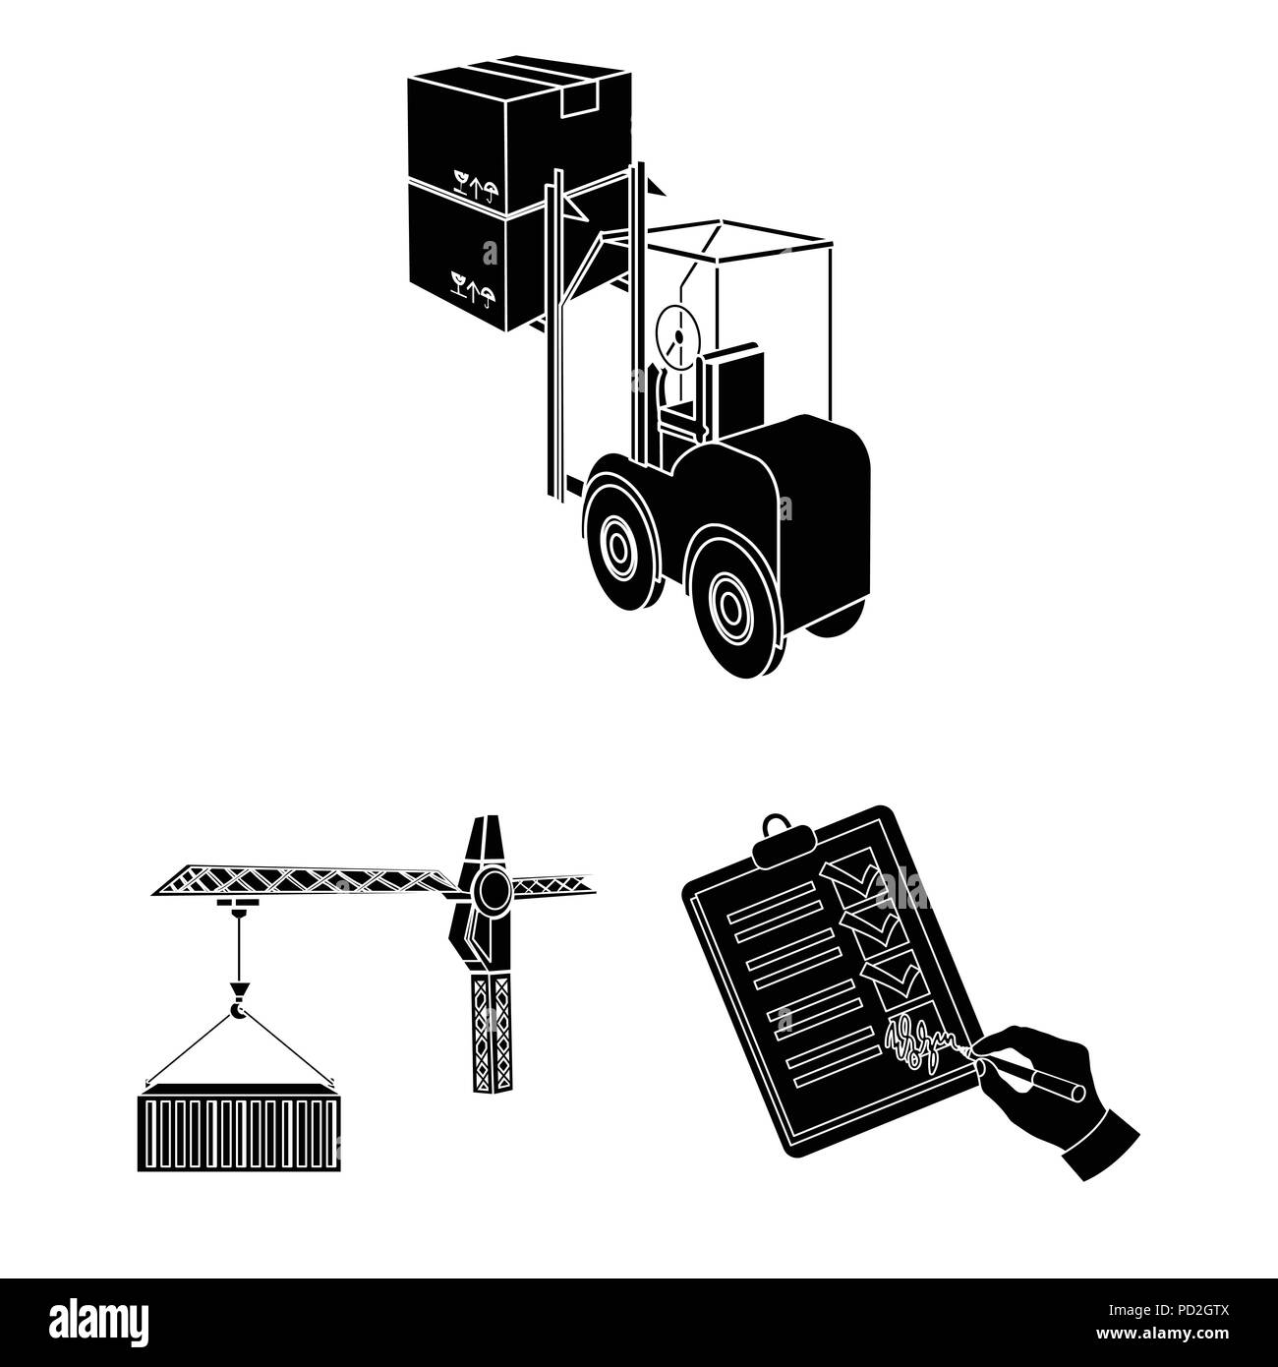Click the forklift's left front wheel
(620, 544)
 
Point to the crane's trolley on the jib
(234, 904)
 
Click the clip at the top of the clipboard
(776, 827)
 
